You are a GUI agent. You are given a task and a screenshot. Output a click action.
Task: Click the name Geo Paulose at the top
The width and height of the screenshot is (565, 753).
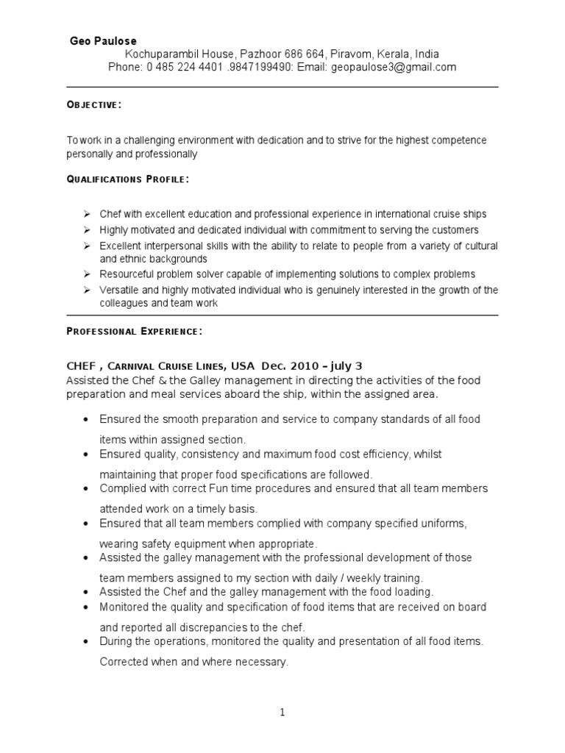102,41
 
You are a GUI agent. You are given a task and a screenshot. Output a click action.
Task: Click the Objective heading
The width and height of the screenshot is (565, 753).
94,106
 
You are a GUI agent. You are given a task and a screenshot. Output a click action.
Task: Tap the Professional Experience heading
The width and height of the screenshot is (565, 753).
134,332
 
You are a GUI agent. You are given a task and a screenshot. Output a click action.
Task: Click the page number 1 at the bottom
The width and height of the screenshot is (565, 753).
282,712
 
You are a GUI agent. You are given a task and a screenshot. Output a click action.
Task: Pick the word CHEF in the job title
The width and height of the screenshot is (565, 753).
81,366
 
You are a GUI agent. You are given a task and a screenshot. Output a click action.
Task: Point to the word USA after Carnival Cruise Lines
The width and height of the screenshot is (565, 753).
242,366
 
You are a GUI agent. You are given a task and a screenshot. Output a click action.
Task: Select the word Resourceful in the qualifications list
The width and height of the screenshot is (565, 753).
127,274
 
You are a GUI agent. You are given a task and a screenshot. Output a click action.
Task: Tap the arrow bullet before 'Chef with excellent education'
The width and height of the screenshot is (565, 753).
85,214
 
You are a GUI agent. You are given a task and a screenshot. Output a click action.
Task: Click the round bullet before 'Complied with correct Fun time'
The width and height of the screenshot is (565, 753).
85,489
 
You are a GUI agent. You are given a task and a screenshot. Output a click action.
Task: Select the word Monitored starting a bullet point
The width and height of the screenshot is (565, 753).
124,607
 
